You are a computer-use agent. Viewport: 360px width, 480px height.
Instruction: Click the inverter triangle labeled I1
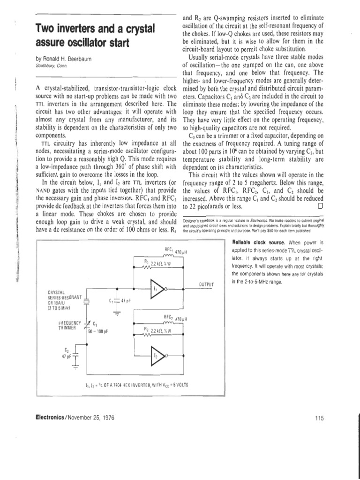pos(157,288)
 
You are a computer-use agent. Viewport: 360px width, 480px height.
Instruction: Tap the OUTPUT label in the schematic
pos(206,285)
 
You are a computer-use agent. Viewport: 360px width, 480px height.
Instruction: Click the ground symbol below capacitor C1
pos(115,315)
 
